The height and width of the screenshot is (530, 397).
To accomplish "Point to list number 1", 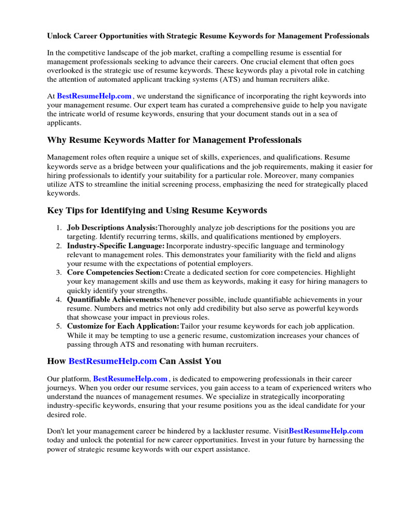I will pos(59,228).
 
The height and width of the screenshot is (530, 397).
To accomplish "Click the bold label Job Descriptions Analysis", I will pos(112,228).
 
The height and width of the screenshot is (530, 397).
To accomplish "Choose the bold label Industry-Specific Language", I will pos(116,246).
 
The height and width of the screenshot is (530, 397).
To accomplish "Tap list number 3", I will pos(59,273).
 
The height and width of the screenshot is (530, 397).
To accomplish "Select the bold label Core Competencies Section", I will pos(115,273).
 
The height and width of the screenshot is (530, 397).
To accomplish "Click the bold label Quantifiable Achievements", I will pos(114,300).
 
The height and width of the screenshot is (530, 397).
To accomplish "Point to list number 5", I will pos(59,327).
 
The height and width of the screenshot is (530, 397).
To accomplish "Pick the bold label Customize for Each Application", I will pos(123,327).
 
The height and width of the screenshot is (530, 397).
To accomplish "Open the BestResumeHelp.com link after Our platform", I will pos(130,379).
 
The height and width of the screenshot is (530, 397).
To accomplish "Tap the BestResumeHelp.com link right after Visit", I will pos(326,431).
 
